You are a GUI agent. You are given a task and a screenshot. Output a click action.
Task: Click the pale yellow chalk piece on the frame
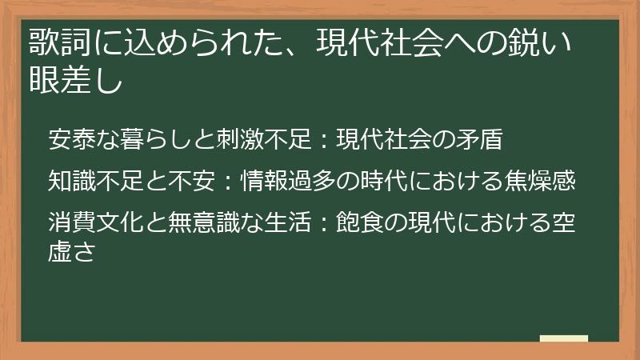564,339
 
